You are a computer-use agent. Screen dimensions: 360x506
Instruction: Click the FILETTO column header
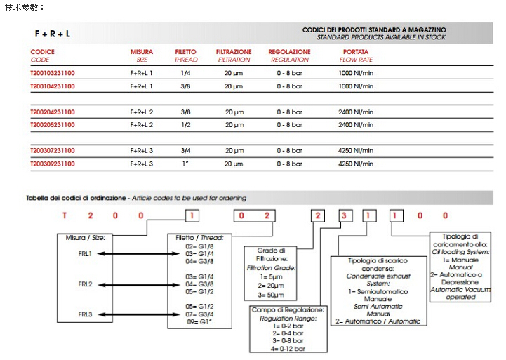pos(186,52)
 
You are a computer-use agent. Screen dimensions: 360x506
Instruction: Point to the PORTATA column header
pos(355,52)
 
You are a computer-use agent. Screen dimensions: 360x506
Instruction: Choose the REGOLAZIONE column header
pos(289,52)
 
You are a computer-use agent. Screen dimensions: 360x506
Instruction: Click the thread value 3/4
pos(186,151)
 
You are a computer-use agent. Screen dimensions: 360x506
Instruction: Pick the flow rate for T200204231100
pos(356,112)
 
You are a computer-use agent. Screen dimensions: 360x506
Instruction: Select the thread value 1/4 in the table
pos(186,73)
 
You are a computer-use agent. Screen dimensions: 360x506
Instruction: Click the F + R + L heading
pos(53,34)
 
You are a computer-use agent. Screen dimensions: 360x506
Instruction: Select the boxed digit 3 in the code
pos(343,215)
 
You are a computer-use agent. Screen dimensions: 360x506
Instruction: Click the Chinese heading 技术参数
pos(24,6)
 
